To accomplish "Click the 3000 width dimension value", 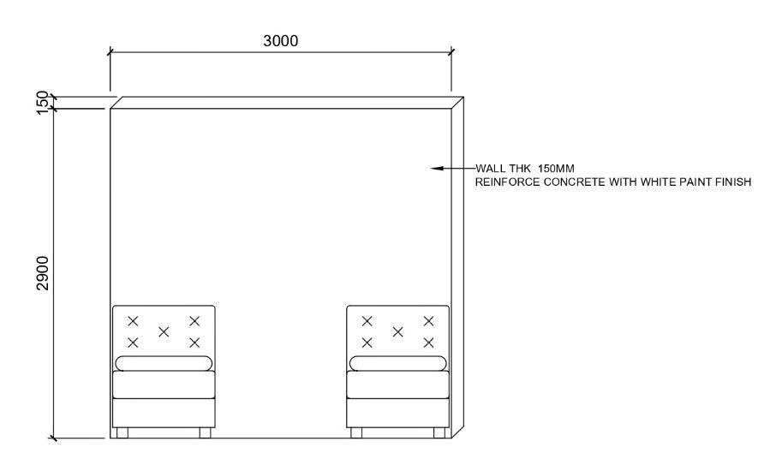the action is (281, 41).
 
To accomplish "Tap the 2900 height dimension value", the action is (44, 271).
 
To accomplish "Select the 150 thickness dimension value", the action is (44, 102).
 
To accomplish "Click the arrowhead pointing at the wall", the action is (437, 169).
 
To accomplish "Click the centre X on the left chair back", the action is (164, 331).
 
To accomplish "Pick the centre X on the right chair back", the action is (397, 331).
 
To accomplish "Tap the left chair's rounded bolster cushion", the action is (163, 364).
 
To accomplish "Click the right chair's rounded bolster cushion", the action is (397, 364).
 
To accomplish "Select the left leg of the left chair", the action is (122, 432).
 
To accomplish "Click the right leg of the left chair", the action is (205, 432).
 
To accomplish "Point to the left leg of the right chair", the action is (356, 432).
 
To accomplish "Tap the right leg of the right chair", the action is (439, 432).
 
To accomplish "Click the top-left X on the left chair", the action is (133, 321).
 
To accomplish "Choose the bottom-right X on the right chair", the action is (428, 343).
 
